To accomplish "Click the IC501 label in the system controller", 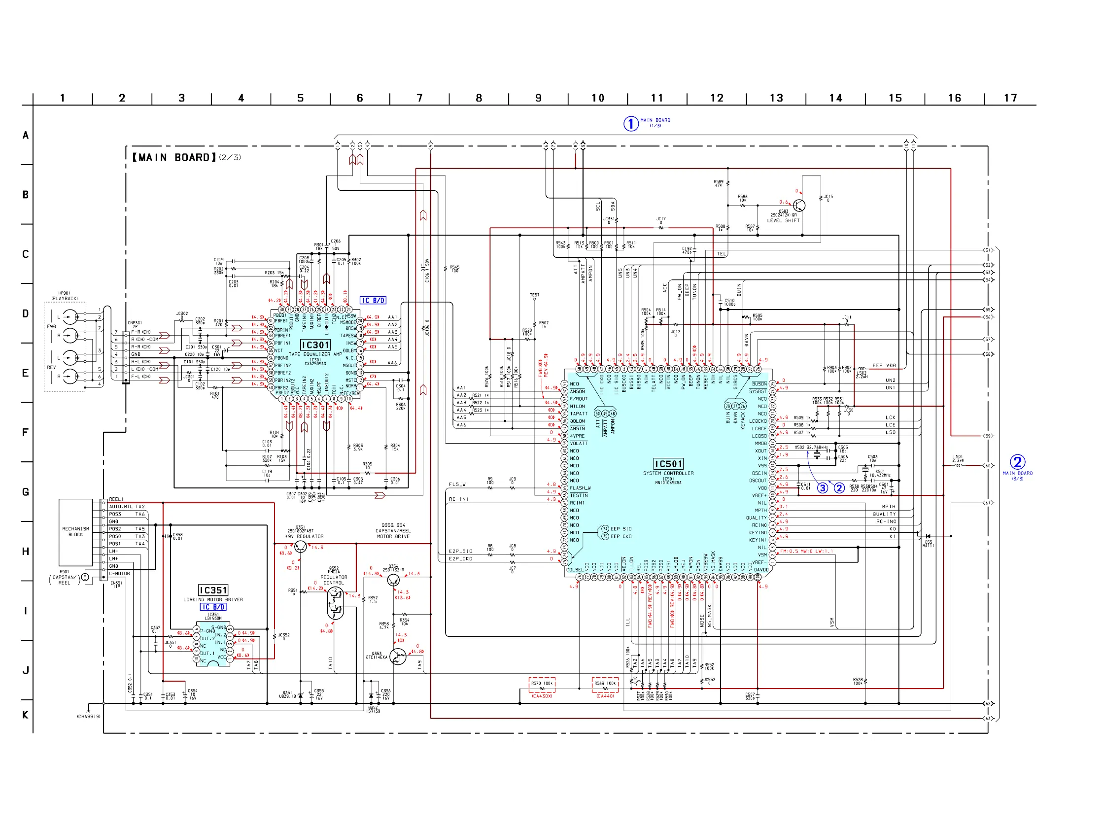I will pyautogui.click(x=668, y=464).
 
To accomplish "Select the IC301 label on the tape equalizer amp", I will pyautogui.click(x=315, y=345).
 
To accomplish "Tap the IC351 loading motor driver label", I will pyautogui.click(x=213, y=590).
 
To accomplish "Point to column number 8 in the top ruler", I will pyautogui.click(x=479, y=98).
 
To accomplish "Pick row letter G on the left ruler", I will pyautogui.click(x=26, y=492).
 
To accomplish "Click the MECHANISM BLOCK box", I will pyautogui.click(x=76, y=531).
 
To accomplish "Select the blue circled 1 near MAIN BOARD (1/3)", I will pyautogui.click(x=631, y=123).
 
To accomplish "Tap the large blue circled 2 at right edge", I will pyautogui.click(x=1018, y=462).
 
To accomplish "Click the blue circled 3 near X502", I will pyautogui.click(x=823, y=488).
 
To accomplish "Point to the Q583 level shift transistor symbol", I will pyautogui.click(x=799, y=206).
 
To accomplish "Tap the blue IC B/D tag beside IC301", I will pyautogui.click(x=373, y=301).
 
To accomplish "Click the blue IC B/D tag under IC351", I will pyautogui.click(x=213, y=607).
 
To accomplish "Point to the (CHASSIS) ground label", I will pyautogui.click(x=89, y=717).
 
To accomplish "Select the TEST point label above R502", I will pyautogui.click(x=535, y=295).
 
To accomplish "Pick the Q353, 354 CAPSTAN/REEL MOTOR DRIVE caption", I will pyautogui.click(x=393, y=531).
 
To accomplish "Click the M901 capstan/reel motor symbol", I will pyautogui.click(x=85, y=578).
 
